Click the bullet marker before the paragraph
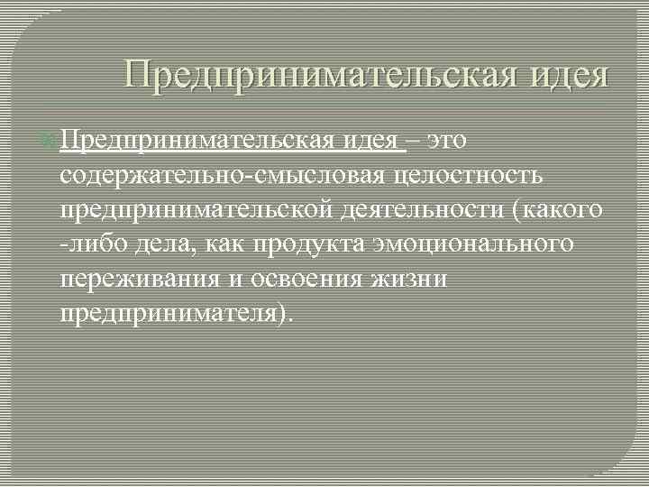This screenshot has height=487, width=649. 50,142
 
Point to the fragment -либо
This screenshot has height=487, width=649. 84,243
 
